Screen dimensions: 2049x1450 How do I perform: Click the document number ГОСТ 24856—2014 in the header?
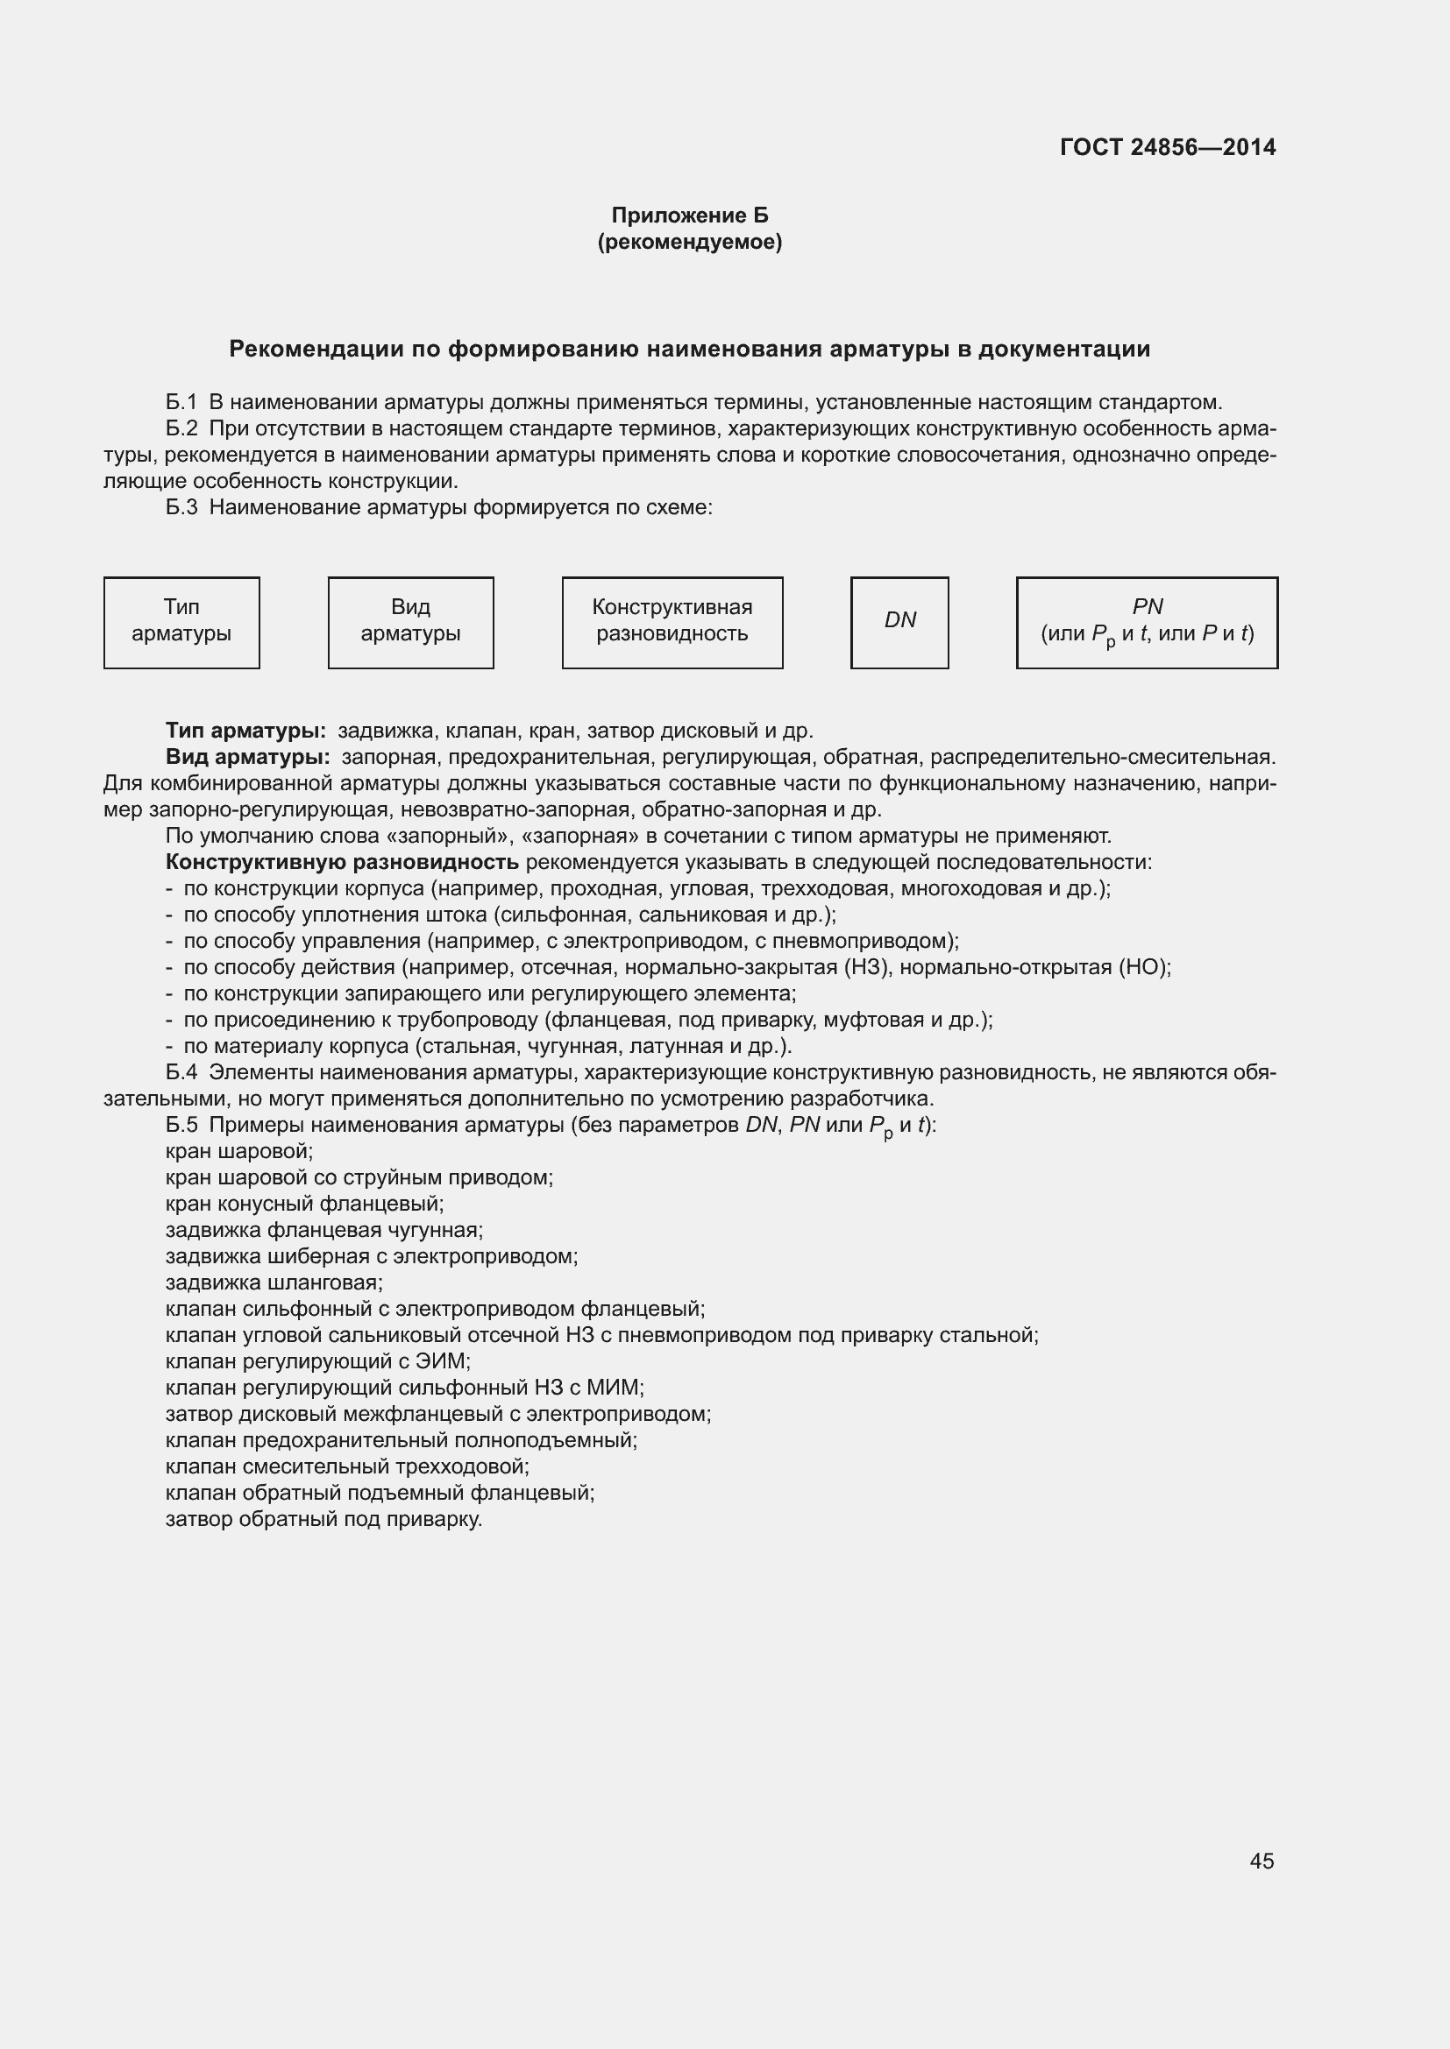tap(1167, 147)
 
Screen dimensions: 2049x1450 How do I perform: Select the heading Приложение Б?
tap(689, 215)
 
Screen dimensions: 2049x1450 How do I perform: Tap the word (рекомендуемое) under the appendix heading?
tap(689, 242)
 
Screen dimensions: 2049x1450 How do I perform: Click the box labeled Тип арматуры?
tap(181, 622)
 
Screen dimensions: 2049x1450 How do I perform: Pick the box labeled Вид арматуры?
tap(410, 622)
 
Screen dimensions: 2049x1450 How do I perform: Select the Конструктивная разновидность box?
tap(672, 622)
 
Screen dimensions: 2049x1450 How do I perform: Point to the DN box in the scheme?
tap(899, 622)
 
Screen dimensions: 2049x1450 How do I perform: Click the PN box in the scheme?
tap(1147, 622)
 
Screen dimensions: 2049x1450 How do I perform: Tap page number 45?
tap(1262, 1861)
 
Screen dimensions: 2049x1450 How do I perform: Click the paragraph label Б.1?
tap(181, 402)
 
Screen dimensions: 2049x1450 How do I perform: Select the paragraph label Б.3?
tap(181, 508)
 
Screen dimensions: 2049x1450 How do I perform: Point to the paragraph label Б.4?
tap(181, 1071)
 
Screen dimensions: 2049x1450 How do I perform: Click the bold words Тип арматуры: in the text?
tap(245, 731)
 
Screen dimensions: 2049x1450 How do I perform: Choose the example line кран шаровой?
tap(239, 1151)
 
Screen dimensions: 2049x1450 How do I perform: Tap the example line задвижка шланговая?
tap(274, 1282)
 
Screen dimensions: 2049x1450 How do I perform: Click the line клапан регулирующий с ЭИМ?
tap(318, 1361)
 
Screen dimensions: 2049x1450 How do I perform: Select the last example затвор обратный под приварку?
tap(324, 1519)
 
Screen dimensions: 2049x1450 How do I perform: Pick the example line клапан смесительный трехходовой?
tap(347, 1466)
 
